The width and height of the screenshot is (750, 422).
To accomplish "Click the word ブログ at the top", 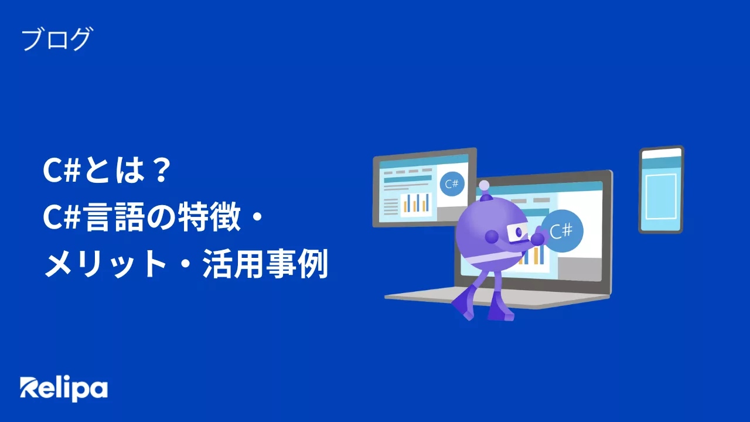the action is pos(56,39).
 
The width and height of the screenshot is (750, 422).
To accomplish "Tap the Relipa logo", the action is pos(64,389).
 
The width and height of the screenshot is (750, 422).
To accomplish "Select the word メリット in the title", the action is pos(105,264).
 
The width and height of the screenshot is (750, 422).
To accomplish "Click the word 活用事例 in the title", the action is pos(265,264).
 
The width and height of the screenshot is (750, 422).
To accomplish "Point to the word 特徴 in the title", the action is pos(209,217).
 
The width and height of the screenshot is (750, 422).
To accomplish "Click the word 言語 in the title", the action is pos(115,217).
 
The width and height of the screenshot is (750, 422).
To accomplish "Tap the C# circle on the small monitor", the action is pos(452,184).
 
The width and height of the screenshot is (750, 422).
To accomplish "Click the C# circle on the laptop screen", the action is pos(562,231).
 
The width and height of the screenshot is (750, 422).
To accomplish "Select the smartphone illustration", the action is pos(661,190).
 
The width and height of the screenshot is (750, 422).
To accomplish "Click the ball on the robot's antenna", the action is pos(484,186).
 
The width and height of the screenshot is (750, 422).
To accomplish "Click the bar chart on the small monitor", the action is pos(416,203).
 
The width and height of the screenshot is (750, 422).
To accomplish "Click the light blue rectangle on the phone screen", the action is pos(661,196).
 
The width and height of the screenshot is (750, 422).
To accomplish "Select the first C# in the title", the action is pos(62,170).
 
